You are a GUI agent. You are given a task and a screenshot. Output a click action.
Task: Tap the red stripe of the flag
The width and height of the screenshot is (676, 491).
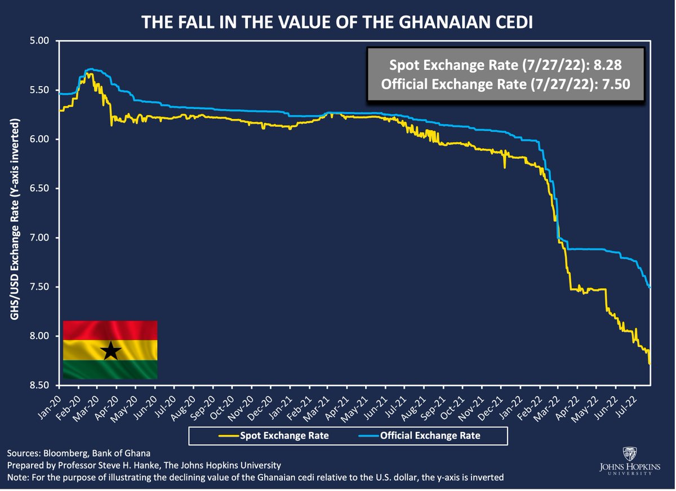click(x=110, y=330)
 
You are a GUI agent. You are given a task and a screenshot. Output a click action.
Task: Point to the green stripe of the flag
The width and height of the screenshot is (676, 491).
click(x=110, y=369)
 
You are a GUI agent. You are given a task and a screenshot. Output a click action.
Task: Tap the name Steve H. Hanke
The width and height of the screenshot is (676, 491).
click(x=157, y=465)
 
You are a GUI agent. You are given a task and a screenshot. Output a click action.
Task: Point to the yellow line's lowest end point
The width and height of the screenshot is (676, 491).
click(x=650, y=364)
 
